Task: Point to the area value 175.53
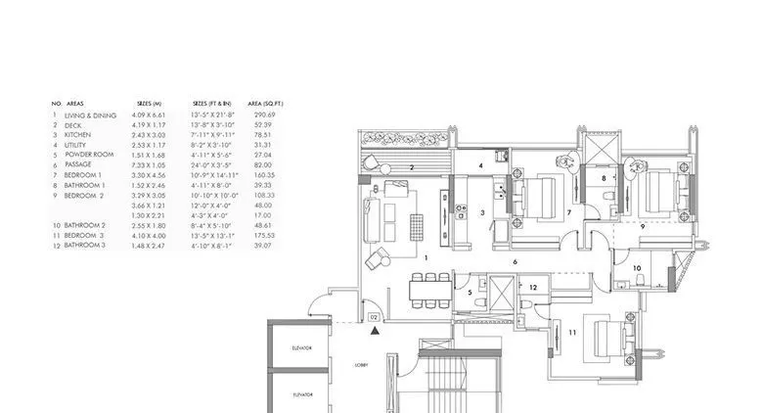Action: pos(261,235)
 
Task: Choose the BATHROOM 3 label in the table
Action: pos(84,245)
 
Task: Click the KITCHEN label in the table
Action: pos(78,135)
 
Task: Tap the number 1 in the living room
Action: pos(426,256)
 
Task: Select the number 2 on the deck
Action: pos(414,168)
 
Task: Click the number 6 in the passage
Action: pos(516,262)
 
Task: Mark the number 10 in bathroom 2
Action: pos(637,267)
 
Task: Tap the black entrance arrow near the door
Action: pos(374,333)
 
